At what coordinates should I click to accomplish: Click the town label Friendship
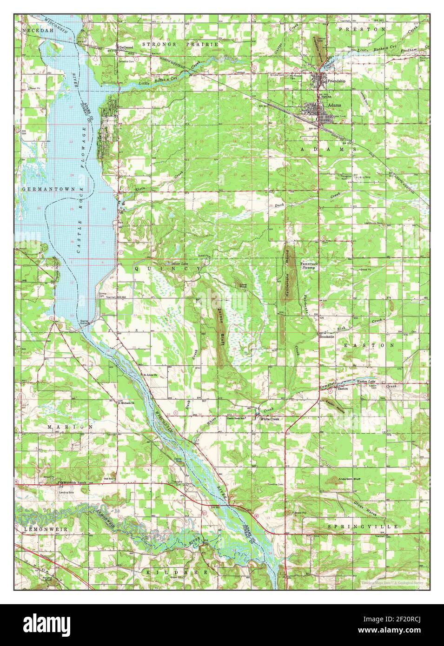pos(337,81)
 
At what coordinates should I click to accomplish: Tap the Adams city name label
pos(334,105)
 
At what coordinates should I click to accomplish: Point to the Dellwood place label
pos(126,47)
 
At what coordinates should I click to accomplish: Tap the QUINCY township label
pos(168,269)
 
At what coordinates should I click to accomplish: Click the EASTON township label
pos(369,346)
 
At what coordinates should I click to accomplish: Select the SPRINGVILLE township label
pos(363,527)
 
